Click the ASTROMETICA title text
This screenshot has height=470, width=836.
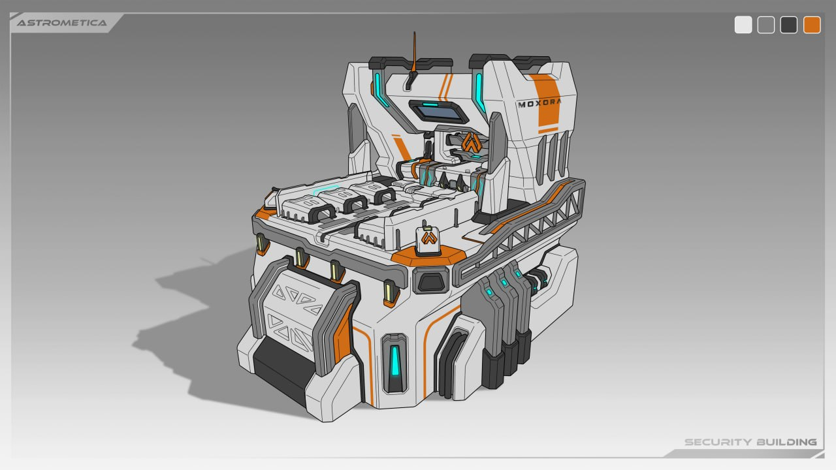click(x=61, y=23)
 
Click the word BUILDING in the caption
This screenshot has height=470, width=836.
click(x=787, y=443)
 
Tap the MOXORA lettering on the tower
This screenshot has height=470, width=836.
click(x=539, y=103)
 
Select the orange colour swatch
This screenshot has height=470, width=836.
click(x=812, y=25)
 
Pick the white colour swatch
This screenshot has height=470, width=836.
click(x=743, y=25)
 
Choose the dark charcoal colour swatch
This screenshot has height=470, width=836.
click(x=788, y=25)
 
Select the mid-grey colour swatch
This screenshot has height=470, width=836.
click(x=766, y=25)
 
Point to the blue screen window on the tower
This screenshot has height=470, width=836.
click(x=438, y=112)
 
